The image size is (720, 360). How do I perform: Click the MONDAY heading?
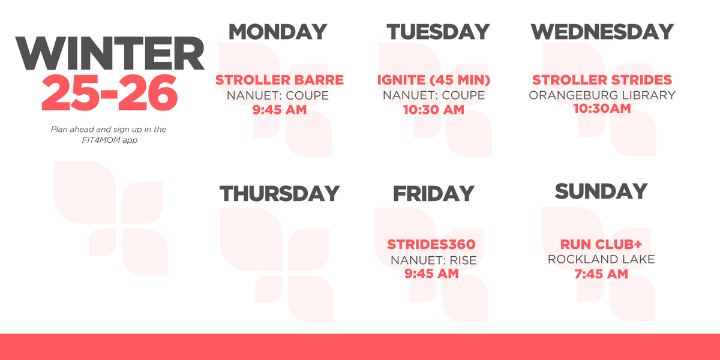(278, 31)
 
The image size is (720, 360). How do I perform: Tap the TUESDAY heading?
(437, 31)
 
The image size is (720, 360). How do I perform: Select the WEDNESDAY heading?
(602, 31)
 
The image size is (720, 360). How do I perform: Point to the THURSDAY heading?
(280, 193)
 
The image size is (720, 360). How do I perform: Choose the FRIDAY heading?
(433, 193)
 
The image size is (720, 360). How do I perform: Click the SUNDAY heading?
(601, 191)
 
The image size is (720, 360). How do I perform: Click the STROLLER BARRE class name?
(280, 80)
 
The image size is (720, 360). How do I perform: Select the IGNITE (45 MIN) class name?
(434, 80)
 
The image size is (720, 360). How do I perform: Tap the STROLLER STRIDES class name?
(602, 80)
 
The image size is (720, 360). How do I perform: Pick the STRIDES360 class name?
(431, 245)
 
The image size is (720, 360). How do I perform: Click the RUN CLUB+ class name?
(601, 245)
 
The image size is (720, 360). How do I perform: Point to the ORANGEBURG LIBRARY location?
(602, 95)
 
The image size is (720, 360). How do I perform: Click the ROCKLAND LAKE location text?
(601, 259)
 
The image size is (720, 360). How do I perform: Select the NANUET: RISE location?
(433, 260)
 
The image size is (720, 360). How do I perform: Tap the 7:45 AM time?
(601, 274)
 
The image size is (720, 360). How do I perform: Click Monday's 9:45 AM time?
(280, 110)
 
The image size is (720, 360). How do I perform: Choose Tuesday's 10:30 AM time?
(434, 110)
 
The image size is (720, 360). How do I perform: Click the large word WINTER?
(110, 55)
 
